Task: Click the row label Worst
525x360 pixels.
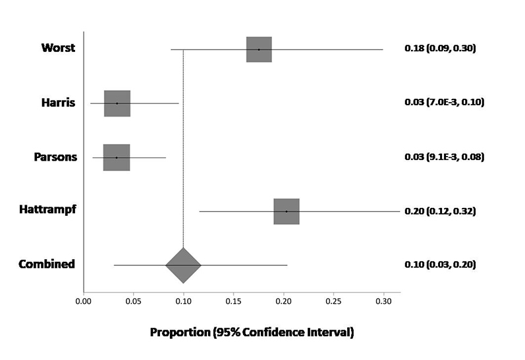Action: point(58,48)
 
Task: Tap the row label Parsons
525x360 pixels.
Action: point(55,157)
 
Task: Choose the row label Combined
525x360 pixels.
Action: point(46,265)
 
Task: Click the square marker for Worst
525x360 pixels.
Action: point(259,49)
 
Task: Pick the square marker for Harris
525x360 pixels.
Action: point(117,103)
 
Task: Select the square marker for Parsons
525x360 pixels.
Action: point(117,157)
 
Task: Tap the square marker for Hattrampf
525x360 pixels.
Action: point(287,211)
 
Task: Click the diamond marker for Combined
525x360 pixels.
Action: point(183,265)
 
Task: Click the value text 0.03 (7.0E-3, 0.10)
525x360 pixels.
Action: point(445,103)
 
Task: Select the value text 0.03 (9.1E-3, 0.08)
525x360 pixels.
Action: point(445,157)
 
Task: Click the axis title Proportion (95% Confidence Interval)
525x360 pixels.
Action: point(252,332)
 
